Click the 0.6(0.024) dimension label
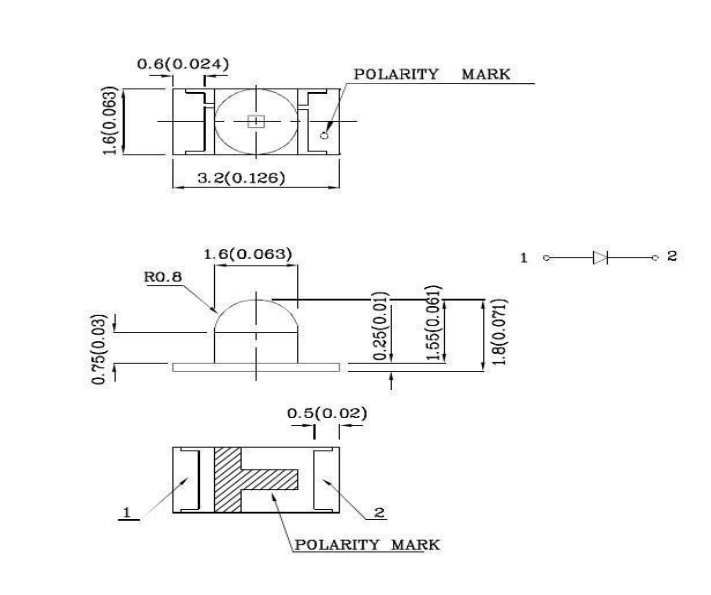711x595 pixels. pos(183,64)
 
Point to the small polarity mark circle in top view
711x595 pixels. pos(325,131)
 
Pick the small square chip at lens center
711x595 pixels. pos(255,121)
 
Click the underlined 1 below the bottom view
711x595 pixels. pos(128,513)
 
